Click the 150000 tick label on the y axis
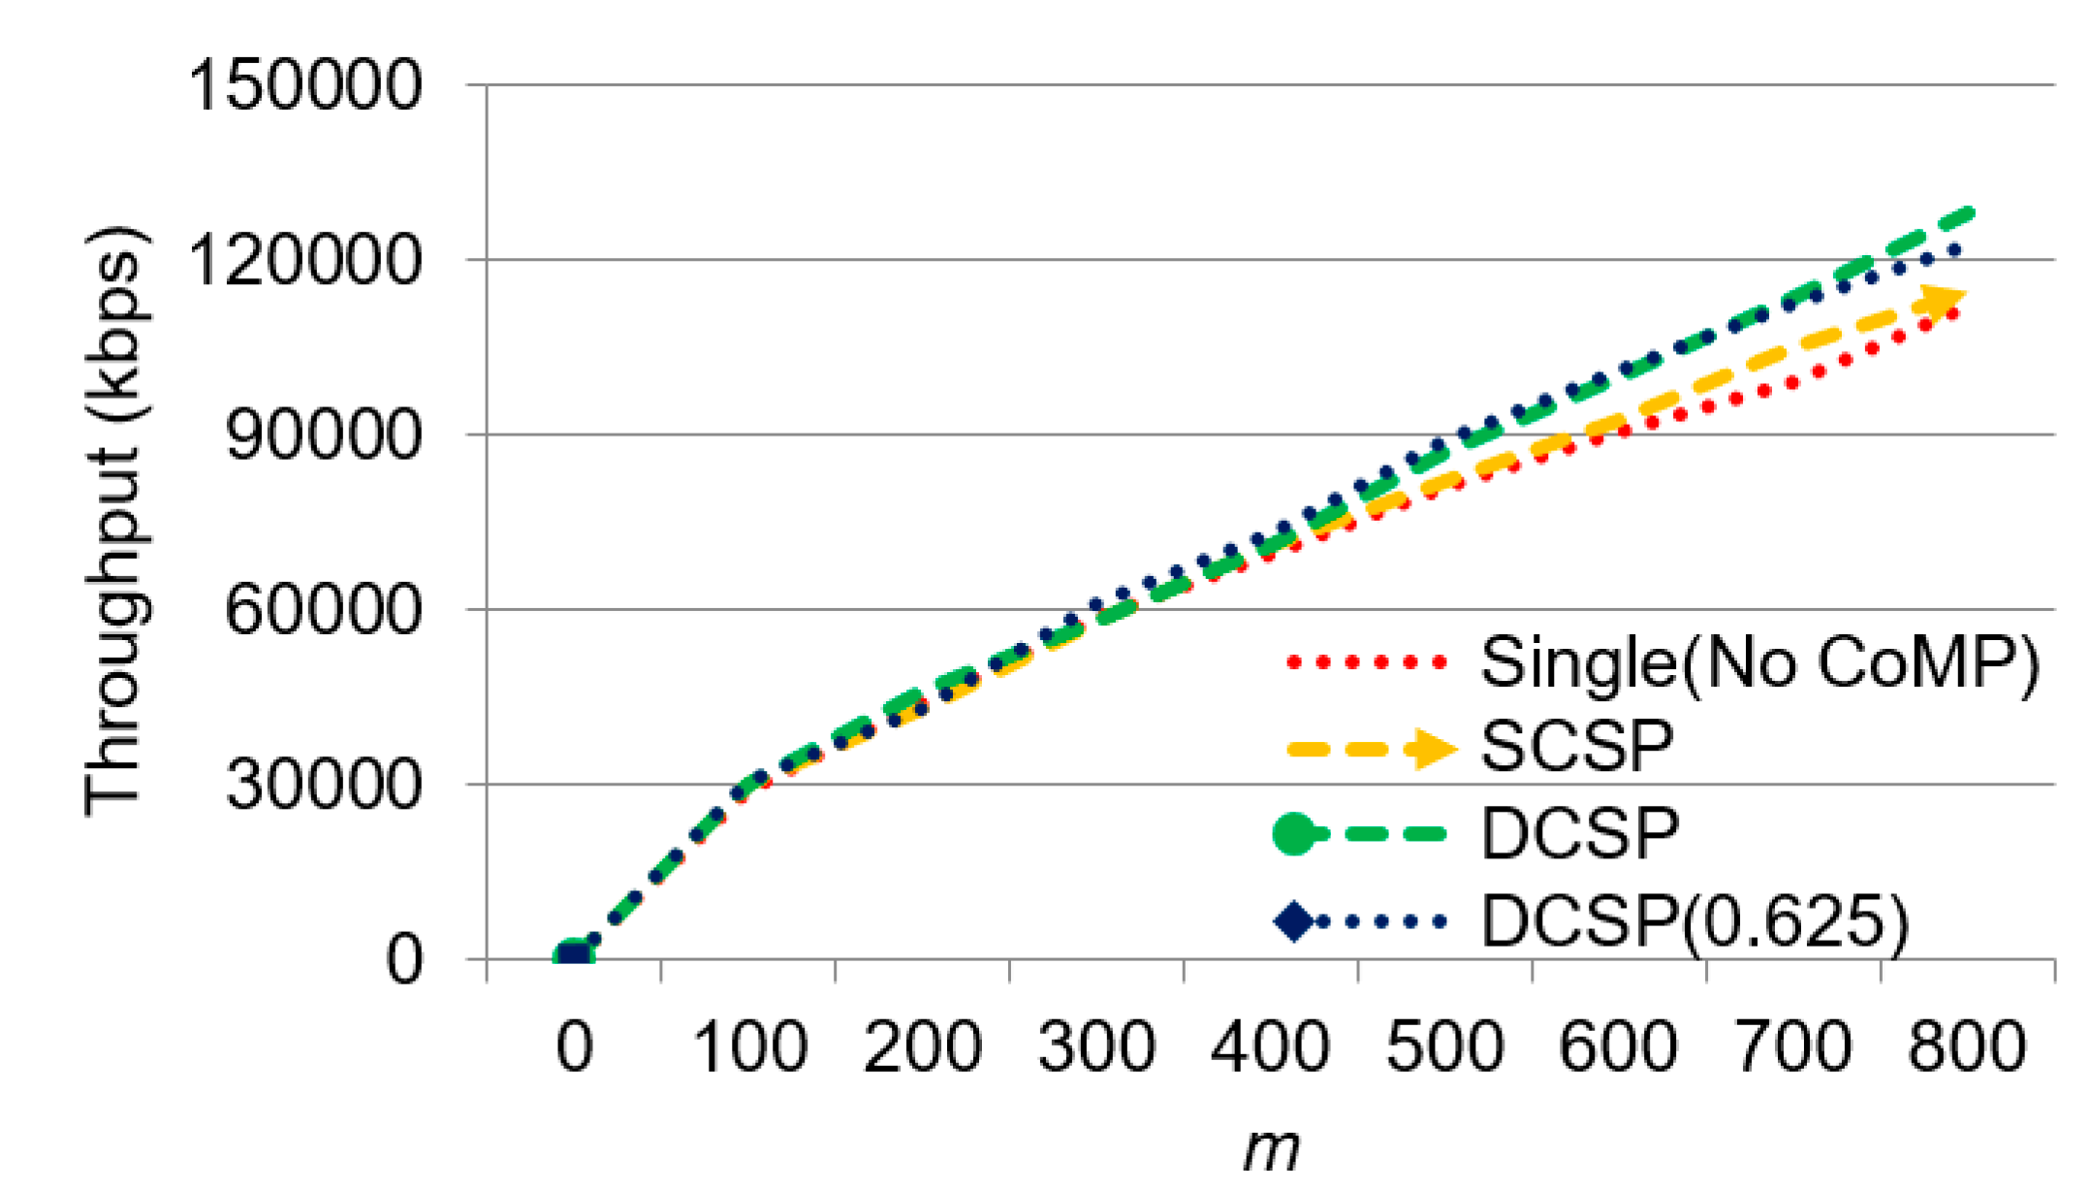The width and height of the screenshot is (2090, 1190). click(303, 85)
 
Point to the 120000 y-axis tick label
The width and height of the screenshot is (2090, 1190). click(303, 260)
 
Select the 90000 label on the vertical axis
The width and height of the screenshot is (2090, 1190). click(322, 435)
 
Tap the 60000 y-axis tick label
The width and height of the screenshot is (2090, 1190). click(322, 610)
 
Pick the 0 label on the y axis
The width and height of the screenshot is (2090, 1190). click(404, 960)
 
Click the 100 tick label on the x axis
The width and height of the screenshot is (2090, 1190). click(749, 1047)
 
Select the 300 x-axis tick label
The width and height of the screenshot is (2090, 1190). click(1096, 1047)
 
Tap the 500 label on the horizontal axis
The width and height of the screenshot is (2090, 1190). click(1444, 1047)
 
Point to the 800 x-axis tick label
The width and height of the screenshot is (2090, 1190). click(1967, 1047)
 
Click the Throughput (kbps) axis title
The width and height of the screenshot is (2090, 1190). click(116, 522)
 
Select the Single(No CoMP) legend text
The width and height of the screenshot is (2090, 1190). click(1760, 663)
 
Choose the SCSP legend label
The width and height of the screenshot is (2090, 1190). click(1577, 747)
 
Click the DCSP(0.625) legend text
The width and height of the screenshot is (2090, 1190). click(1694, 920)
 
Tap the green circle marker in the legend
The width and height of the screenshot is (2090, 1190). click(1294, 834)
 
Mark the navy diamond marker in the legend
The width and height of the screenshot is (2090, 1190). click(1294, 920)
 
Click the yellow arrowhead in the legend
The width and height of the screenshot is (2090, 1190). click(1433, 748)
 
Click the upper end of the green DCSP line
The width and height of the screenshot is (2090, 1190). click(1968, 213)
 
